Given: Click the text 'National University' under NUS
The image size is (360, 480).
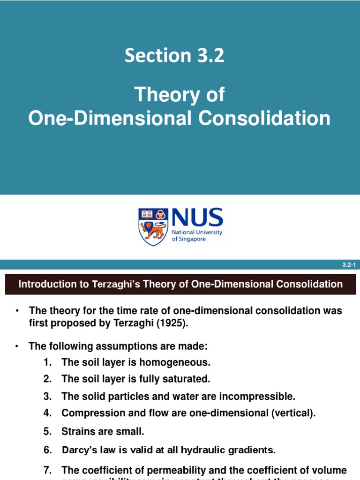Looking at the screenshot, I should pos(197,232).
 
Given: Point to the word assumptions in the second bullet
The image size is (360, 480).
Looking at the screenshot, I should pos(138,346).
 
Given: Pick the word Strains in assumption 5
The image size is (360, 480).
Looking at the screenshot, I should pos(77,431).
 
